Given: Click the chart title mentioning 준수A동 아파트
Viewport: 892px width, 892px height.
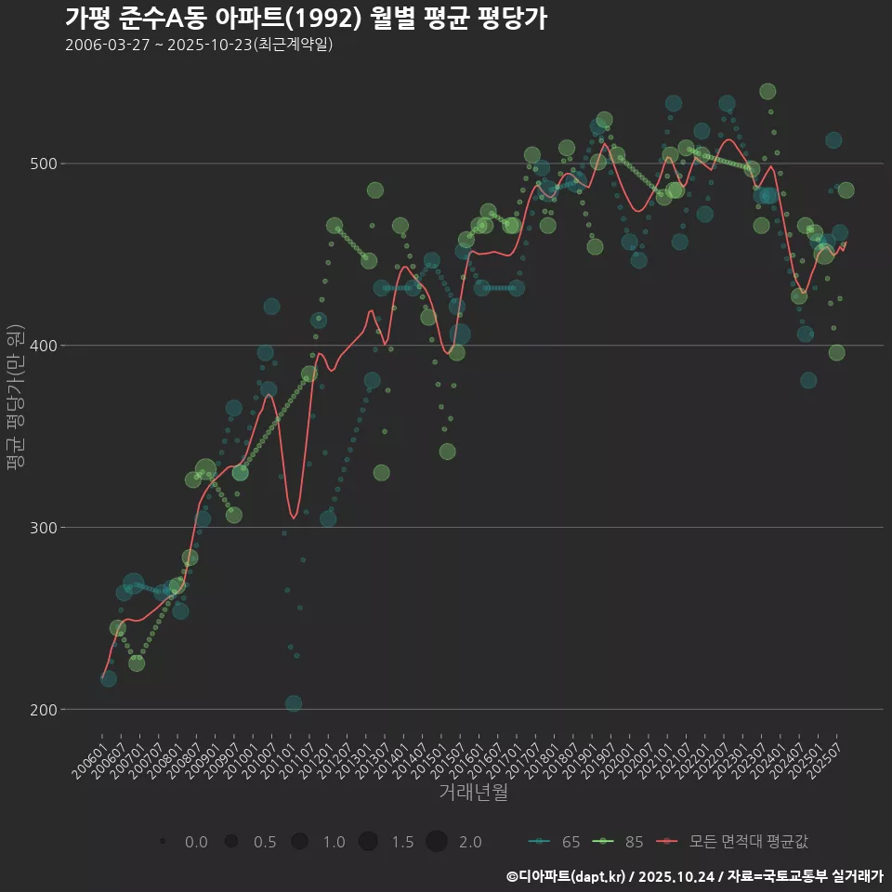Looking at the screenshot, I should point(306,19).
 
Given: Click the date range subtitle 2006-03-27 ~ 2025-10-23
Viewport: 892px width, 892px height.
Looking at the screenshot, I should point(199,45).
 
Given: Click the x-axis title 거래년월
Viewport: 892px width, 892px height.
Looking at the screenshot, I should point(473,793).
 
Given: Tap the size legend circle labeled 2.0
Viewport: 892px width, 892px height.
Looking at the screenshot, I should point(437,842).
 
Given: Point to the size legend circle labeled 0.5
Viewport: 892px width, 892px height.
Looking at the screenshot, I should point(231,842).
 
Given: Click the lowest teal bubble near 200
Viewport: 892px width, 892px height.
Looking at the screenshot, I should point(294,703).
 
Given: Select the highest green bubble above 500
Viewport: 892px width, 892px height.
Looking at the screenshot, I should point(767,91).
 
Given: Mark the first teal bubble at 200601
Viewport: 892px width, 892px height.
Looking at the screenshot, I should point(109,679).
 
